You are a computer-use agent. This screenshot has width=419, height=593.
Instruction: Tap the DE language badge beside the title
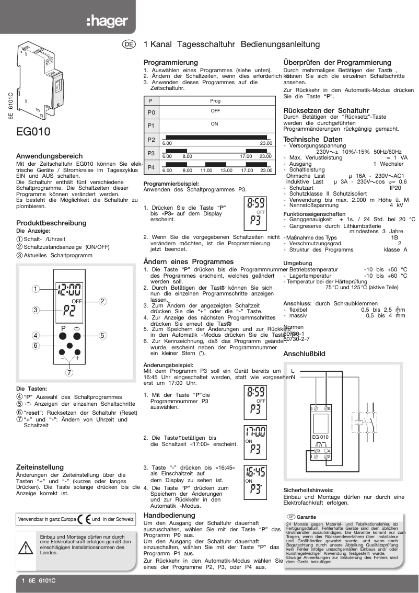pyautogui.click(x=129, y=45)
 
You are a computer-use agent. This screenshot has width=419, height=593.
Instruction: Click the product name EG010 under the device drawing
pyautogui.click(x=33, y=132)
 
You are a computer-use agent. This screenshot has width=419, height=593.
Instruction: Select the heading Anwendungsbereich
pyautogui.click(x=49, y=156)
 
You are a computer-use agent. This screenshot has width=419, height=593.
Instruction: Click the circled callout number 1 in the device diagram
pyautogui.click(x=35, y=288)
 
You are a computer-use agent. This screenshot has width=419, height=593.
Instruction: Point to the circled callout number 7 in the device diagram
pyautogui.click(x=69, y=373)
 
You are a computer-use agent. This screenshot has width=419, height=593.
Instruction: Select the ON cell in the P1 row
pyautogui.click(x=215, y=124)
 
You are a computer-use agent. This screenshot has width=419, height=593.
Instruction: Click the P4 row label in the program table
pyautogui.click(x=151, y=167)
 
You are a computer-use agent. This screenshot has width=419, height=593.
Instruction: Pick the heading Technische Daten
pyautogui.click(x=313, y=139)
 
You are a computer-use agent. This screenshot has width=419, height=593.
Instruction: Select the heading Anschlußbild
pyautogui.click(x=304, y=354)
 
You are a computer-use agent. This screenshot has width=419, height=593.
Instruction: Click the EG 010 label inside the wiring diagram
pyautogui.click(x=320, y=437)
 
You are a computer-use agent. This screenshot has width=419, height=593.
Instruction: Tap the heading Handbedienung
pyautogui.click(x=169, y=515)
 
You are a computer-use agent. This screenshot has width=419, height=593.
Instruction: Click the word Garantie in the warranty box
pyautogui.click(x=307, y=517)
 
